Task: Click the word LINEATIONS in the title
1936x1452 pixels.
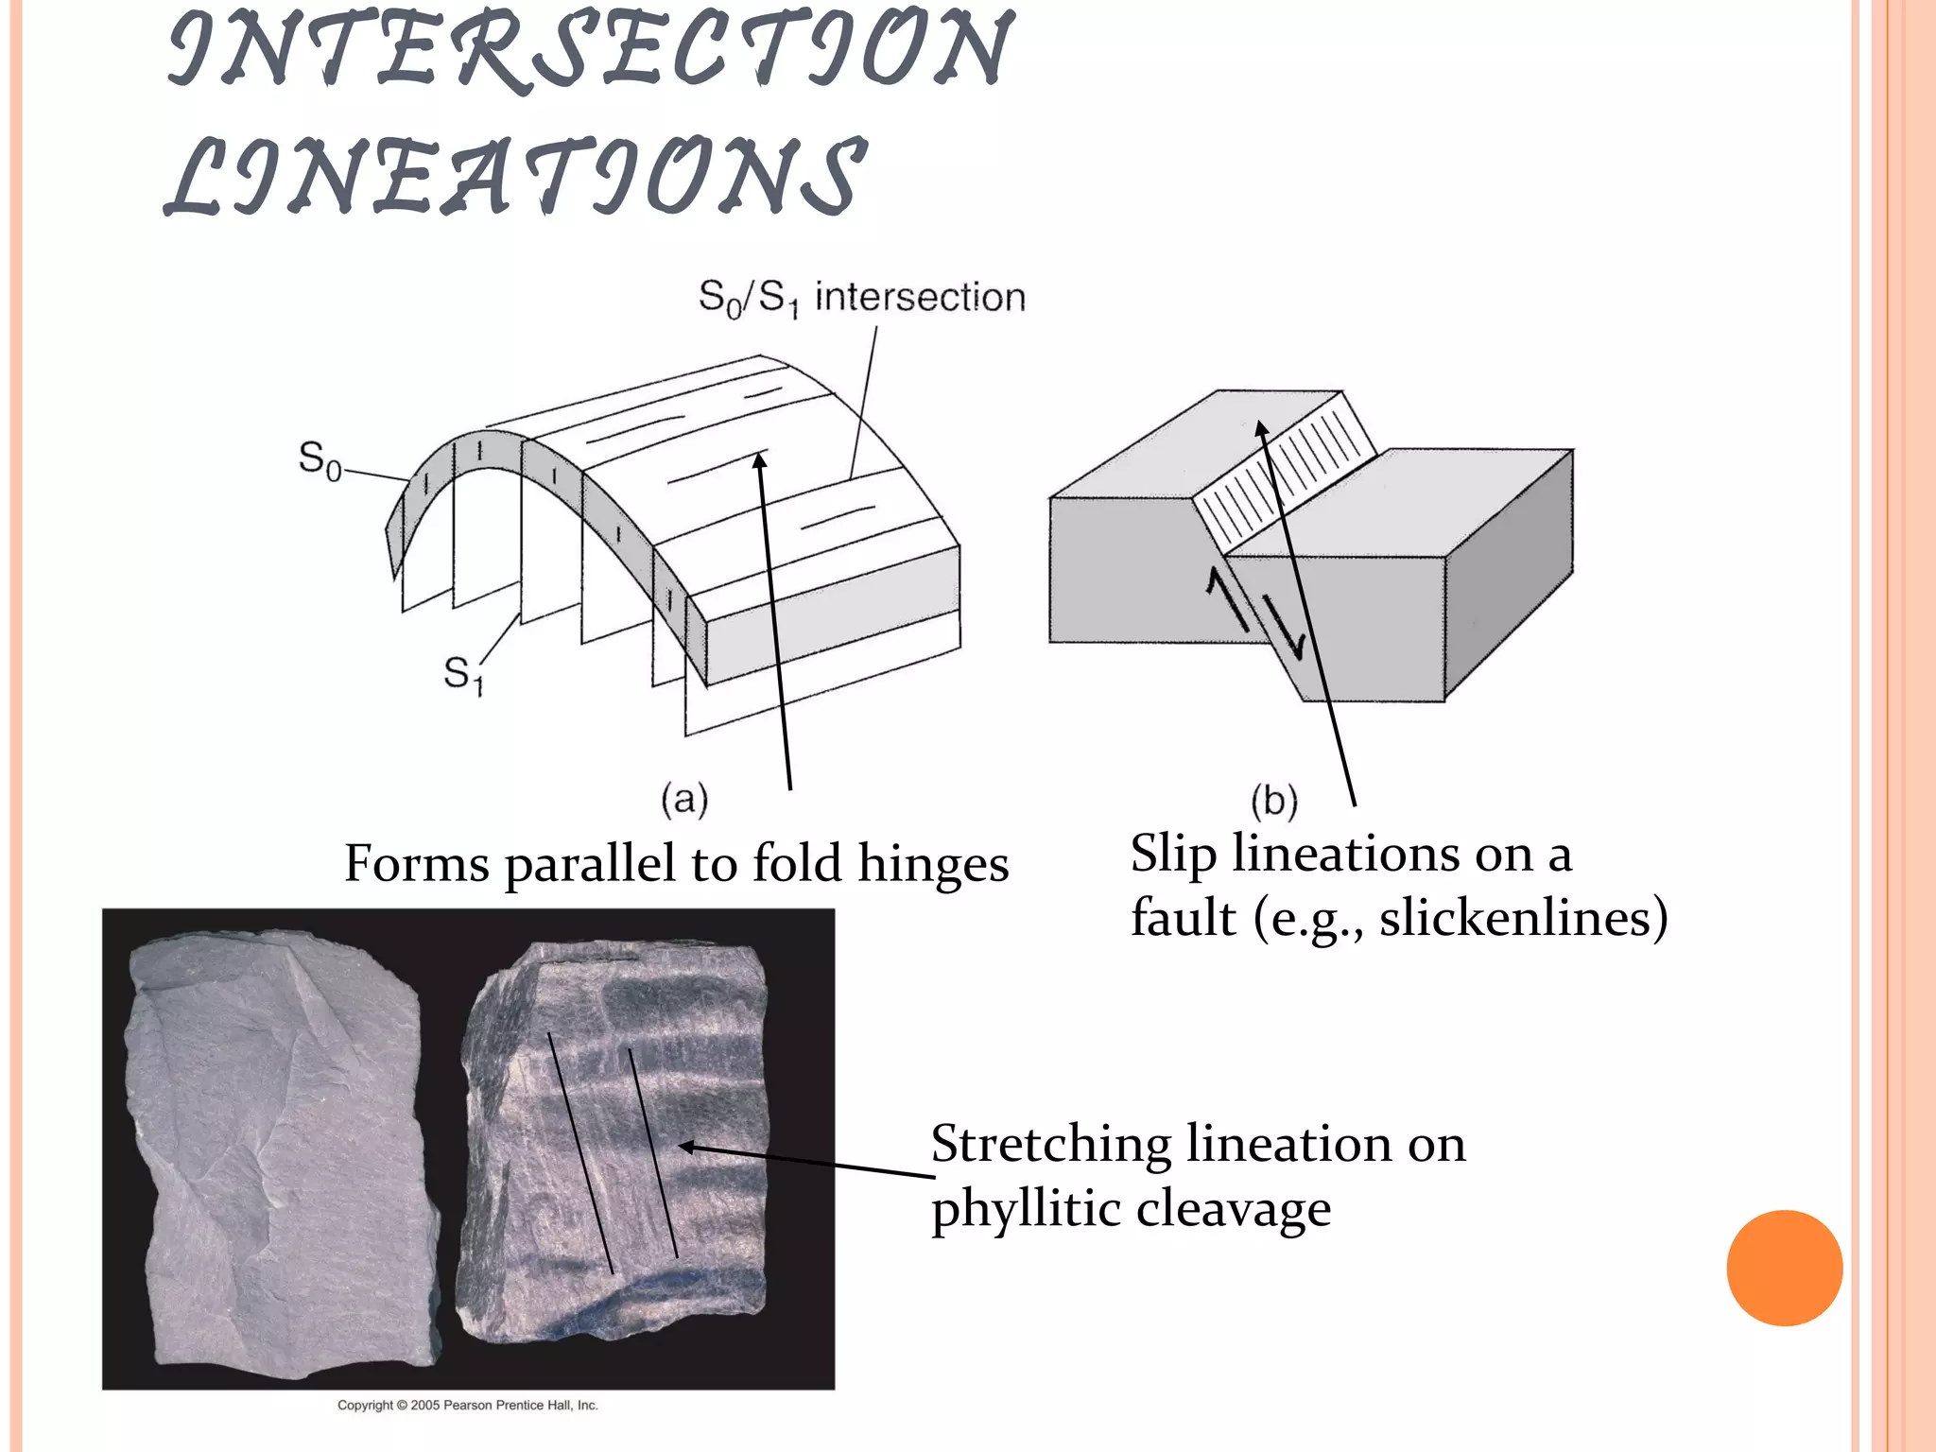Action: coord(515,177)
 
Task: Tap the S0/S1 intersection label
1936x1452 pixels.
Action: coord(861,298)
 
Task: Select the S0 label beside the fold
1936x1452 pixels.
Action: coord(320,461)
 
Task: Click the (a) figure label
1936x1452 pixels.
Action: coord(684,800)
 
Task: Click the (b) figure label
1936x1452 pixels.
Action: coord(1273,802)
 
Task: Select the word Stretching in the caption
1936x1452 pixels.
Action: coord(1050,1145)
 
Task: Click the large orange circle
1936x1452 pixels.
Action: coord(1784,1268)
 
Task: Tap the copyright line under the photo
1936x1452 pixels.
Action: coord(468,1405)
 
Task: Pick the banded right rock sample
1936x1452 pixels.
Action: coord(614,1144)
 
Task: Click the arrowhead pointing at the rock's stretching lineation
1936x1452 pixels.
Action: coord(684,1147)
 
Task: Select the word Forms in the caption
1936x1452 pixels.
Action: coord(416,865)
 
